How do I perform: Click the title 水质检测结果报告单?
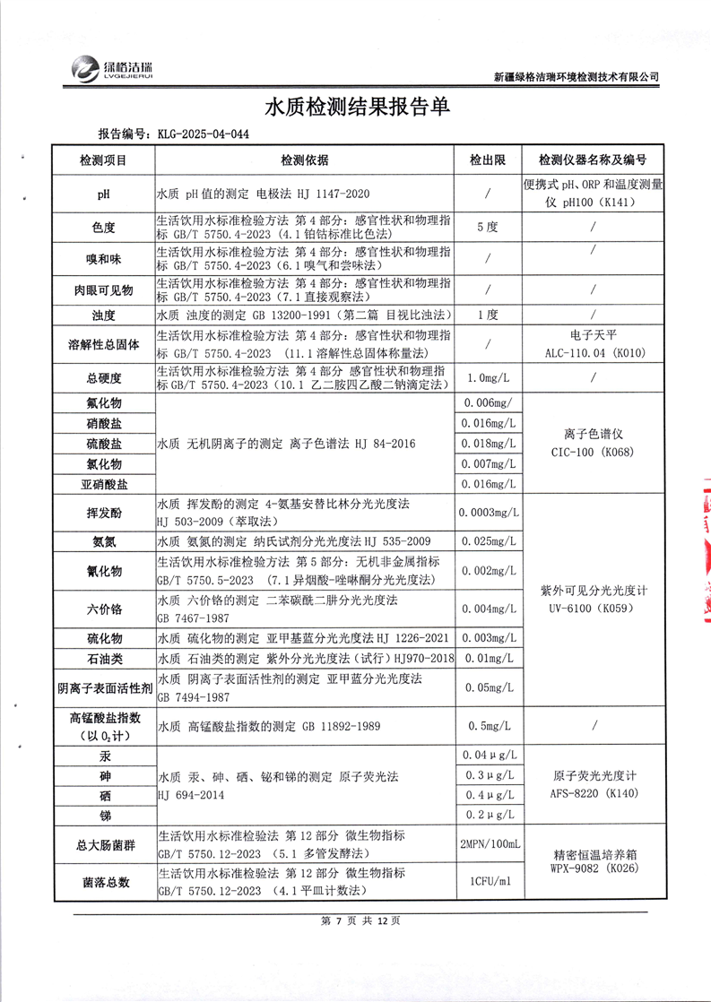click(357, 107)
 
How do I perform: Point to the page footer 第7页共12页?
click(356, 920)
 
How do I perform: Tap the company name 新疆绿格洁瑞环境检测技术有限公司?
click(577, 77)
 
